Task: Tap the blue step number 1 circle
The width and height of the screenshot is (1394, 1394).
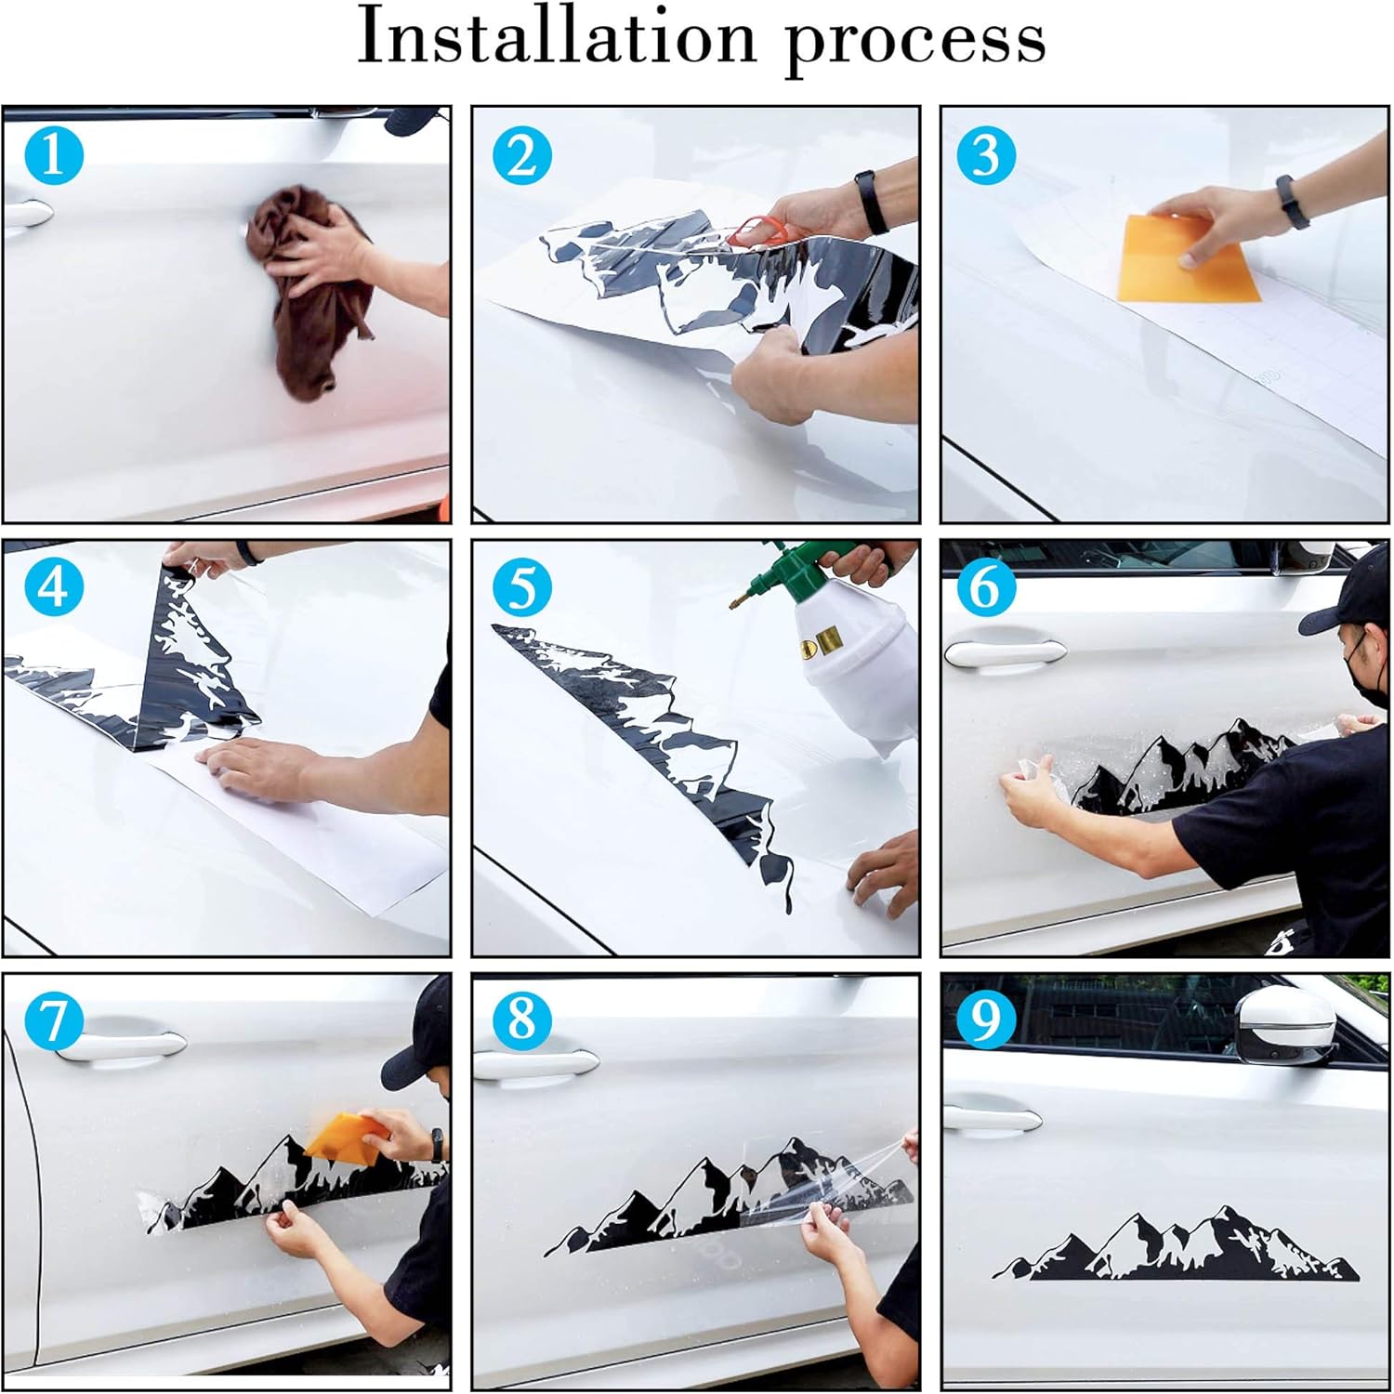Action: tap(54, 154)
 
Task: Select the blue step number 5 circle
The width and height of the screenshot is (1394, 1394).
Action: tap(522, 588)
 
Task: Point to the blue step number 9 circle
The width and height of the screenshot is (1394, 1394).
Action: tap(985, 1019)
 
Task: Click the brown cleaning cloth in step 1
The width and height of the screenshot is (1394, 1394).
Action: tap(316, 288)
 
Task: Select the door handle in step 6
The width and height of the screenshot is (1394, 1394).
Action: tap(1004, 653)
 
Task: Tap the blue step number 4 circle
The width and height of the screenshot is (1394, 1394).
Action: tap(54, 588)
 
